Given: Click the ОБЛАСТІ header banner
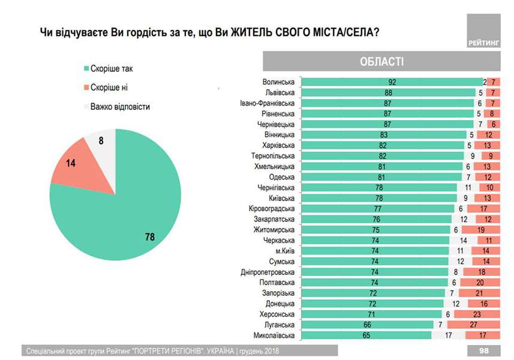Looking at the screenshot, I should pyautogui.click(x=382, y=62).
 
